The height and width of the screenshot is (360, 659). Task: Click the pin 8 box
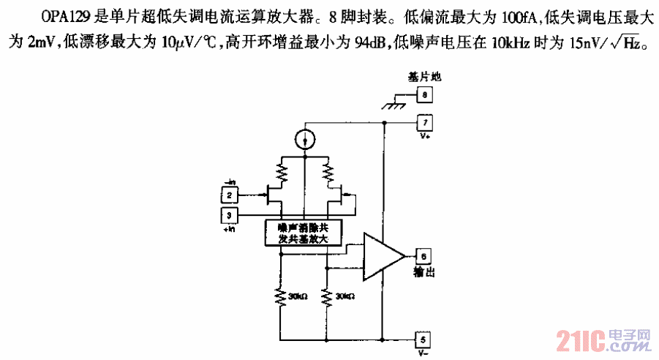pyautogui.click(x=424, y=94)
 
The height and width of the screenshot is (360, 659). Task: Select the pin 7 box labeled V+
pyautogui.click(x=424, y=122)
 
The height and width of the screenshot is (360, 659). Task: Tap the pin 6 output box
pyautogui.click(x=424, y=255)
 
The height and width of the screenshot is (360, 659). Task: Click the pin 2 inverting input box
pyautogui.click(x=229, y=195)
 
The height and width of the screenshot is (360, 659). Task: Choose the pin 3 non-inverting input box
pyautogui.click(x=229, y=215)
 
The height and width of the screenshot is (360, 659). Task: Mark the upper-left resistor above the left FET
pyautogui.click(x=282, y=173)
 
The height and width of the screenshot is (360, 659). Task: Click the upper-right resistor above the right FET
pyautogui.click(x=328, y=173)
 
